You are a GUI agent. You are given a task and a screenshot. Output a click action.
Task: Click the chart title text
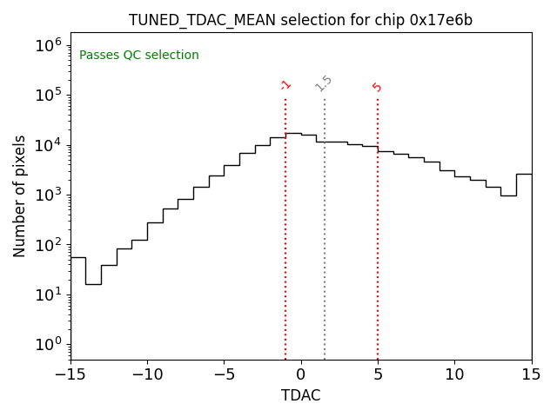[300, 20]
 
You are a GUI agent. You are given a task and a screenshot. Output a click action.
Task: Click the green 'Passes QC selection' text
[139, 56]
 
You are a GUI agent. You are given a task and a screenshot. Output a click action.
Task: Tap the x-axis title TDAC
[300, 395]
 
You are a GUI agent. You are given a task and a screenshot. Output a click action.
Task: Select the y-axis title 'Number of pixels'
[20, 195]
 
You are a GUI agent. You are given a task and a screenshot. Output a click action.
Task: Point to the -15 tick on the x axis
[70, 374]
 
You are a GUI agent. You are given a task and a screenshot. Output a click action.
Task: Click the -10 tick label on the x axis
[147, 374]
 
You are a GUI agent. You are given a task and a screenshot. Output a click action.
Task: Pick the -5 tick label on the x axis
[224, 374]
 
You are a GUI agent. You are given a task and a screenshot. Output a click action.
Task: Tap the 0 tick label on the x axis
[301, 374]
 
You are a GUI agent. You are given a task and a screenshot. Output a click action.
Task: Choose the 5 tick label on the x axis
[378, 374]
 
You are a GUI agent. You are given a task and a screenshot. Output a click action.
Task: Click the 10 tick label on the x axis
[454, 374]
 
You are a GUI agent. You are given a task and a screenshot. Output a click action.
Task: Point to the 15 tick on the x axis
[531, 374]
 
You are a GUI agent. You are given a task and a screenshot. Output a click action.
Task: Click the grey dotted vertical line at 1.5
[325, 243]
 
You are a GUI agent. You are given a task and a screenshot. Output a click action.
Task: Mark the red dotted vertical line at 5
[378, 243]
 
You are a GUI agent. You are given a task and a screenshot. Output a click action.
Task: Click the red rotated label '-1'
[285, 85]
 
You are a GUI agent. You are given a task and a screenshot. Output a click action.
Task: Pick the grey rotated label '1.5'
[324, 83]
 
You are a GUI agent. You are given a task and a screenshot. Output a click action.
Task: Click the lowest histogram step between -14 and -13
[93, 284]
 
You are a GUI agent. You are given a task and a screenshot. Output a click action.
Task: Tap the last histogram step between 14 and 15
[524, 174]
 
